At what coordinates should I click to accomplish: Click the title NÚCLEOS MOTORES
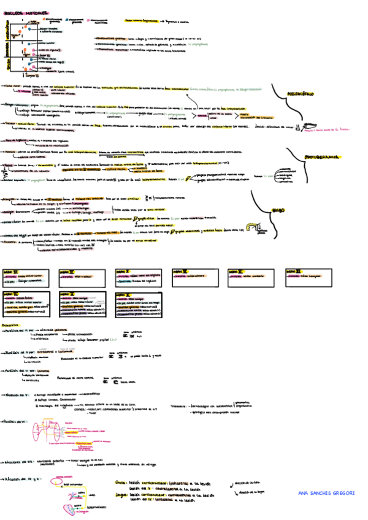pyautogui.click(x=24, y=13)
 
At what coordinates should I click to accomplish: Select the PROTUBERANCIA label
pyautogui.click(x=324, y=158)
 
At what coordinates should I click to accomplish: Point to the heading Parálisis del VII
pyautogui.click(x=17, y=422)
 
